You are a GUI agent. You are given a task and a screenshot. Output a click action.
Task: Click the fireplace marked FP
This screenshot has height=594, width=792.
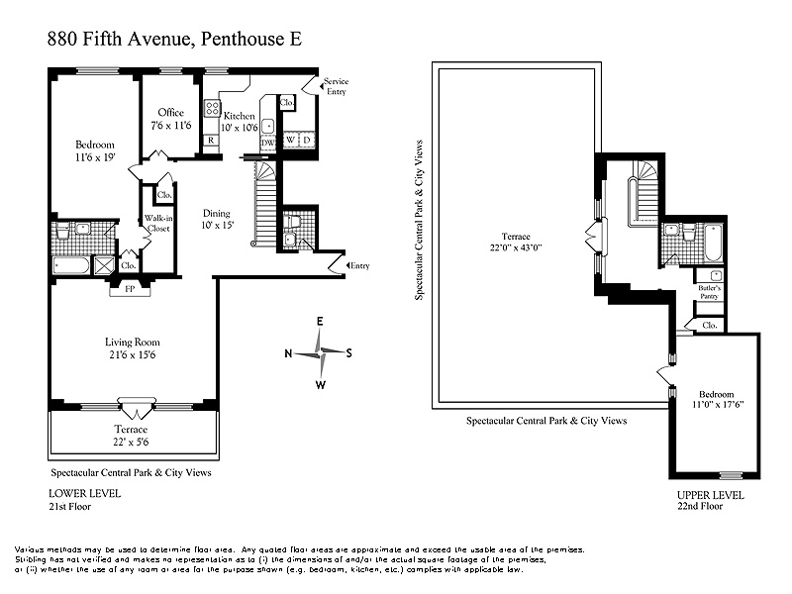pyautogui.click(x=130, y=290)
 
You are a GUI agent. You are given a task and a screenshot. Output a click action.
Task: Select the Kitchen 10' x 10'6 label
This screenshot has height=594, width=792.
pyautogui.click(x=240, y=122)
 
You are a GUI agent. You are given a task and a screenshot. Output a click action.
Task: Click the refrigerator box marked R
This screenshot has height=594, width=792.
pyautogui.click(x=211, y=140)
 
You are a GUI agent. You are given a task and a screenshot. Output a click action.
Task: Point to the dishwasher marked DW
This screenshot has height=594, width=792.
pyautogui.click(x=267, y=143)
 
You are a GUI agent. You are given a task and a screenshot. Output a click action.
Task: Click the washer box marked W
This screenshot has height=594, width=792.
pyautogui.click(x=290, y=140)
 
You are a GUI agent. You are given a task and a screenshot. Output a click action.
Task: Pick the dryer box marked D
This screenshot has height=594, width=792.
pyautogui.click(x=306, y=140)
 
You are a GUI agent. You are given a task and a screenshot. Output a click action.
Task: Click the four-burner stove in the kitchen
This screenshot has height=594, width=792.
pyautogui.click(x=212, y=108)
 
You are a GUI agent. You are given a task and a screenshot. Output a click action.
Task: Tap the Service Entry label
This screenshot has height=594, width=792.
pyautogui.click(x=336, y=86)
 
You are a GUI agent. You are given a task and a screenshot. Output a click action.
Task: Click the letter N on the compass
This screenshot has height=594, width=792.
pyautogui.click(x=288, y=353)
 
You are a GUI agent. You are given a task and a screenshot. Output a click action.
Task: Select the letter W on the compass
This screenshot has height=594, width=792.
pyautogui.click(x=320, y=385)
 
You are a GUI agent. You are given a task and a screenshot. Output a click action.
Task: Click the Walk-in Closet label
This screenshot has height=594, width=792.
pyautogui.click(x=158, y=224)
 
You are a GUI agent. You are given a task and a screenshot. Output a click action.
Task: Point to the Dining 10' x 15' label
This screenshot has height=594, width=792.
pyautogui.click(x=217, y=219)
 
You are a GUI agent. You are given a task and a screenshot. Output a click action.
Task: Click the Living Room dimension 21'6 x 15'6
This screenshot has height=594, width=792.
pyautogui.click(x=133, y=354)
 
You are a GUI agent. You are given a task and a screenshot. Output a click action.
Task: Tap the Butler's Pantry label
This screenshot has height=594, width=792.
pyautogui.click(x=709, y=292)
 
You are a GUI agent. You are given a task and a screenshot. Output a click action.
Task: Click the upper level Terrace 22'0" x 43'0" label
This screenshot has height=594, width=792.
pyautogui.click(x=516, y=242)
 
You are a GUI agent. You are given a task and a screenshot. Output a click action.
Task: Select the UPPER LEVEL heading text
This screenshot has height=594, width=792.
pyautogui.click(x=710, y=495)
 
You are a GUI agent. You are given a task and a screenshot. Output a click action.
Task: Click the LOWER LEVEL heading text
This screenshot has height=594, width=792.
pyautogui.click(x=84, y=493)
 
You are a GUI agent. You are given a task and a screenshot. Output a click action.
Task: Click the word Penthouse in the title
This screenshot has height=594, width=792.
pyautogui.click(x=243, y=39)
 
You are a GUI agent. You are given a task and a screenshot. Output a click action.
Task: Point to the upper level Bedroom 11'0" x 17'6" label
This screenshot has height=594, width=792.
pyautogui.click(x=716, y=399)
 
